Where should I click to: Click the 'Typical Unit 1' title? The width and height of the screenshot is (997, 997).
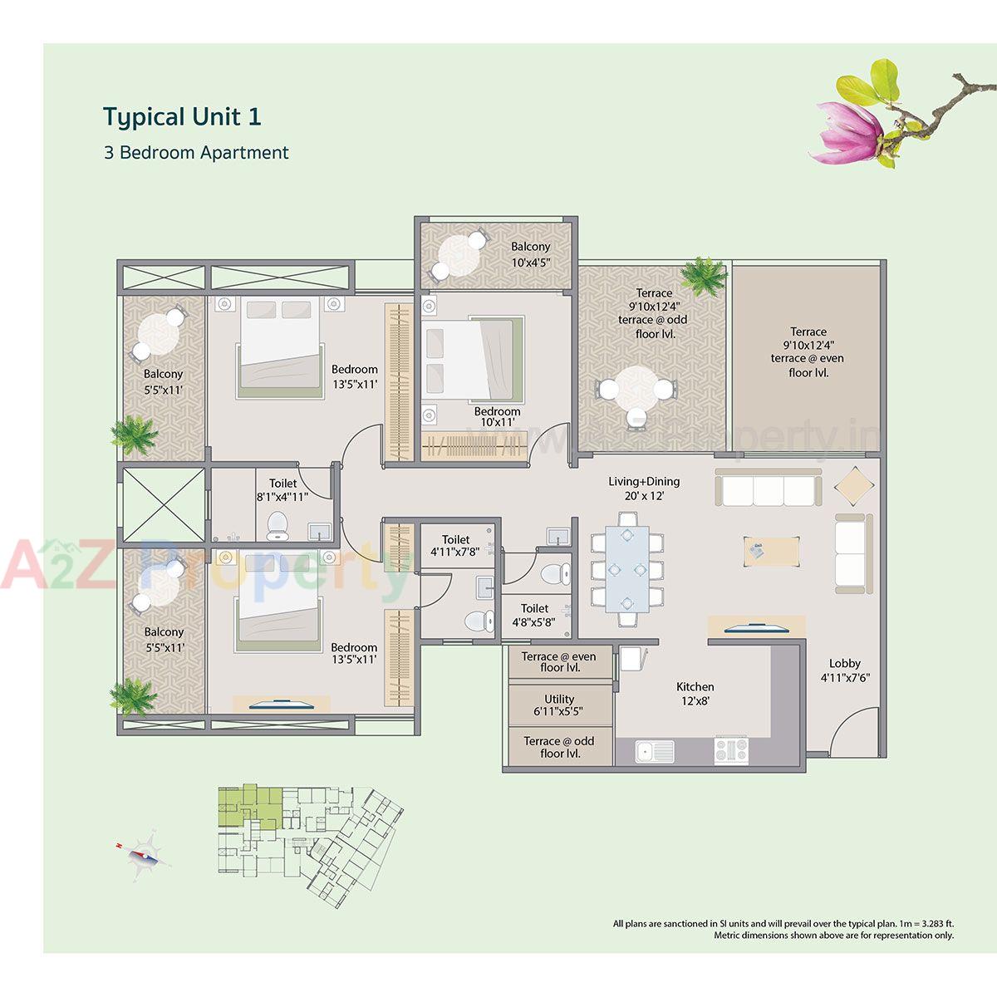[x=182, y=116]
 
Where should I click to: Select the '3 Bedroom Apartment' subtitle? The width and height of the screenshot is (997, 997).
[x=196, y=153]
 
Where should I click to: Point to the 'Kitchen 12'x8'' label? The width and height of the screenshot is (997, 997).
[x=695, y=693]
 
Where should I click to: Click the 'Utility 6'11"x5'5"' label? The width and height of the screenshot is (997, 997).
[x=559, y=705]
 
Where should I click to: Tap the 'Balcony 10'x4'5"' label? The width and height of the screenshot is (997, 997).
[x=530, y=253]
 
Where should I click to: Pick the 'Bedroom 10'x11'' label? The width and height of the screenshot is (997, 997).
[x=497, y=416]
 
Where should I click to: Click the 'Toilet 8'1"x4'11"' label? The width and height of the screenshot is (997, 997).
[x=282, y=490]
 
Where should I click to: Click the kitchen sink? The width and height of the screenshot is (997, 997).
[x=654, y=751]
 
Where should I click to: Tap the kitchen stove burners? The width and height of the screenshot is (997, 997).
[x=731, y=750]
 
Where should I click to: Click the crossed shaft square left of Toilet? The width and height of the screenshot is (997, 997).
[x=163, y=505]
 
